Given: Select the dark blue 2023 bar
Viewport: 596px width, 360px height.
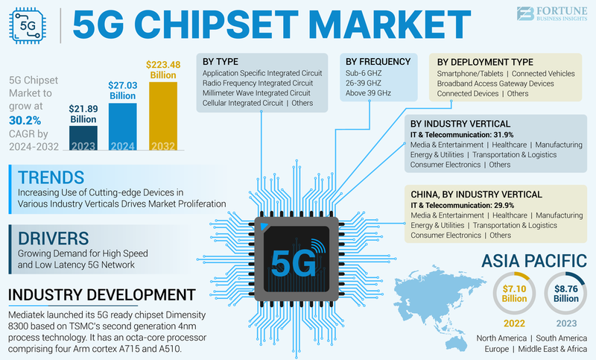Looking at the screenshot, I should (x=83, y=137).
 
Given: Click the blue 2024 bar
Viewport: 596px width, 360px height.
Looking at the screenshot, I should (x=123, y=126).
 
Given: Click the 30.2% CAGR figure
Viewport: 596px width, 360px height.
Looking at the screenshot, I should (x=25, y=119).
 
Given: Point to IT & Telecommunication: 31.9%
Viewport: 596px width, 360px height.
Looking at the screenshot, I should (x=462, y=133).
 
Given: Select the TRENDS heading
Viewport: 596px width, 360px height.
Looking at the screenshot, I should (x=51, y=178).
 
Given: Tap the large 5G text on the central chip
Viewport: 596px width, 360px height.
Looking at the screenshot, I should (x=288, y=262).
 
